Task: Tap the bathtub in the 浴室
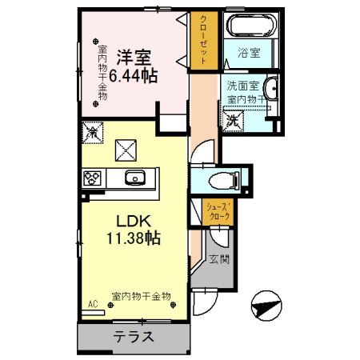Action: coord(250,26)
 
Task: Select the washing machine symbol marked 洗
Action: coord(234,122)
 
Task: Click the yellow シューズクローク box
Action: coord(218,210)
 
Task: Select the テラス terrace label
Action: coord(133,336)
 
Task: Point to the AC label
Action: coord(93,305)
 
